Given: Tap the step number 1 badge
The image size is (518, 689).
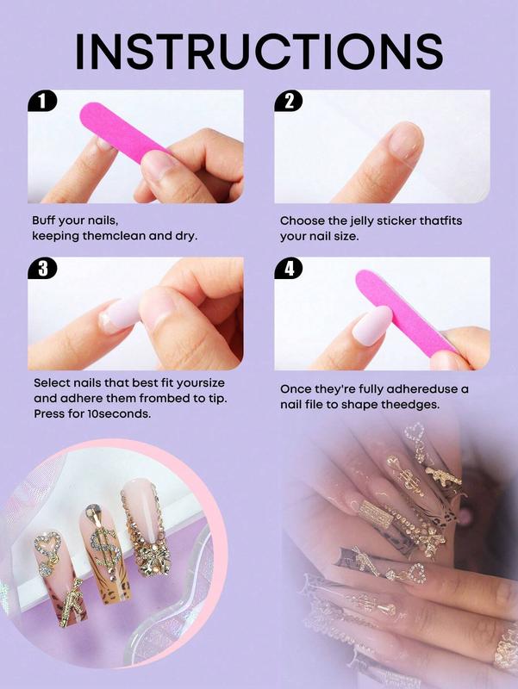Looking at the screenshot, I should pos(42,102).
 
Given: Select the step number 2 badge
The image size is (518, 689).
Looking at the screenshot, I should pos(289,102).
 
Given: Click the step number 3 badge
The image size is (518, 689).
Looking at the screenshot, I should pos(42,269).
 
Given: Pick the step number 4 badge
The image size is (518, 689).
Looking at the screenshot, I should pos(289,269).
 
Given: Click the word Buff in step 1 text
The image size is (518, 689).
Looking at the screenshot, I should pos(47,220).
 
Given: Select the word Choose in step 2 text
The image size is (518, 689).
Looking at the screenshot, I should pos(302,220).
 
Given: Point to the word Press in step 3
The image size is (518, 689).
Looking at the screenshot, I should pos(50,413).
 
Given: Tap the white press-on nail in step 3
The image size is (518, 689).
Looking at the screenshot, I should pos(125,311).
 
